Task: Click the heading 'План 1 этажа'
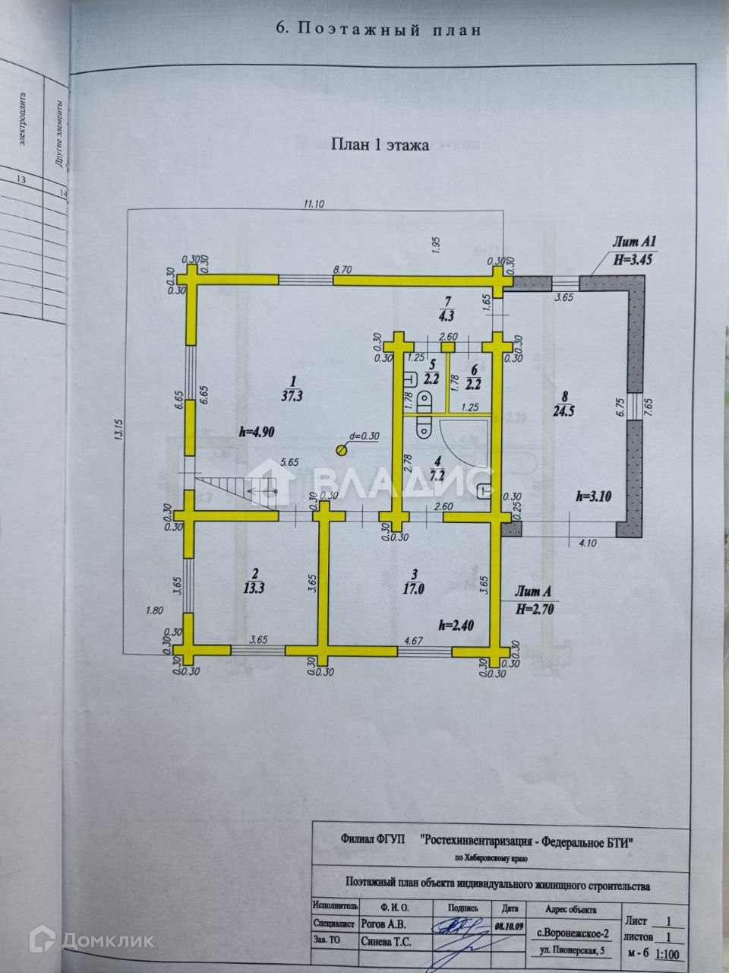tap(379, 145)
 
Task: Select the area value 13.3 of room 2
tap(255, 587)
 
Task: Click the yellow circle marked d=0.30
tap(341, 449)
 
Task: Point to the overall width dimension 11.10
tap(314, 204)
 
